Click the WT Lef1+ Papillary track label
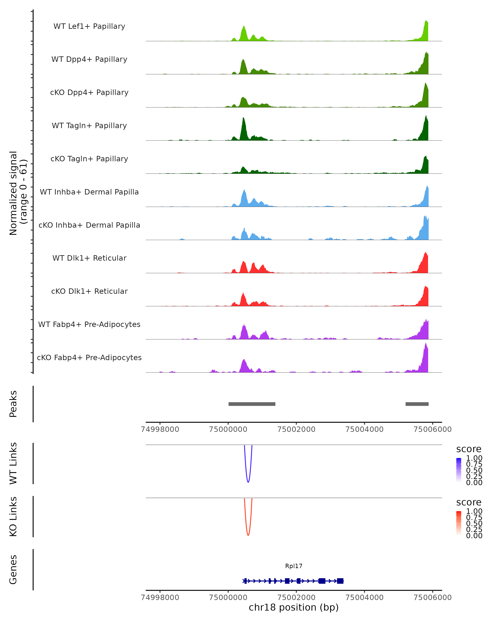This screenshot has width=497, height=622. [89, 26]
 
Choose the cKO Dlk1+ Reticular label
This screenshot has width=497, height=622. [89, 291]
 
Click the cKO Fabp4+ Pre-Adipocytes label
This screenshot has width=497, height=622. [89, 357]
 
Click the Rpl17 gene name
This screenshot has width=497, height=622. [294, 566]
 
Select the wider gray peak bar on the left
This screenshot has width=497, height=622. [252, 404]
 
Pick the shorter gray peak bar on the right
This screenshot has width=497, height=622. [417, 404]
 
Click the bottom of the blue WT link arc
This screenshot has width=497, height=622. [248, 482]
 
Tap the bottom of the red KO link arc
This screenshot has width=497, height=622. [248, 535]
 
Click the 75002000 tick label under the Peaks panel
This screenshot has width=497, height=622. [296, 429]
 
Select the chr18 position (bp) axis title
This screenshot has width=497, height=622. [294, 607]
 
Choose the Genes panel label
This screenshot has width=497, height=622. [13, 570]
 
